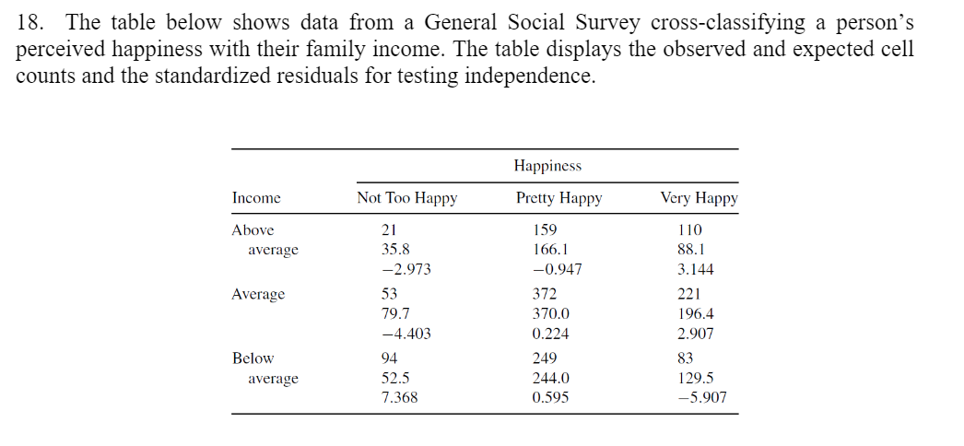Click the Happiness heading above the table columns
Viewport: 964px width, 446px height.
pos(547,166)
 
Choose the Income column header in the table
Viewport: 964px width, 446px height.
pos(256,198)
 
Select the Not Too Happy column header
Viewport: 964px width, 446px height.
pos(406,198)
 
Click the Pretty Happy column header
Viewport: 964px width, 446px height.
pos(558,198)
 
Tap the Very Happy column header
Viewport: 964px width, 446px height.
pos(699,198)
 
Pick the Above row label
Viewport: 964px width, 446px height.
pos(253,229)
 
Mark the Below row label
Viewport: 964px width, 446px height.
pos(253,358)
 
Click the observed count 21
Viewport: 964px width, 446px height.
pos(389,229)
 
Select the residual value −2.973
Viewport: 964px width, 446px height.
pos(406,270)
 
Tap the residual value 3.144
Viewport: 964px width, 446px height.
pos(695,270)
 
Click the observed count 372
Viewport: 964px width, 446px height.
pos(546,294)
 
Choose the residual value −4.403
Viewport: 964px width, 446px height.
pos(406,334)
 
